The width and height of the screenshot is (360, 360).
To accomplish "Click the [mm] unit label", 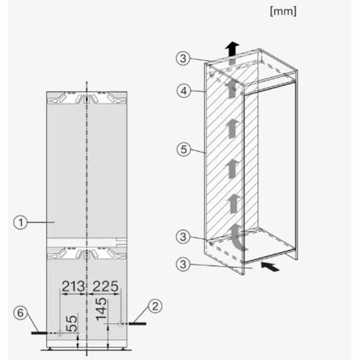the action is coord(283,12).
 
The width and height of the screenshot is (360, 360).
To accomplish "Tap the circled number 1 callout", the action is coord(20,222).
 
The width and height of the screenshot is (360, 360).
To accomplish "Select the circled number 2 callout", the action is coord(156,306).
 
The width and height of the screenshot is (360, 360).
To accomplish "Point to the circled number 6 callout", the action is coord(20,313).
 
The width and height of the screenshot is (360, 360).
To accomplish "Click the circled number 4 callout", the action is coord(184,91).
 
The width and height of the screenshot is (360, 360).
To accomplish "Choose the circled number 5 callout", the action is coord(184,149).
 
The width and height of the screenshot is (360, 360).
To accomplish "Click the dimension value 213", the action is coord(73,286).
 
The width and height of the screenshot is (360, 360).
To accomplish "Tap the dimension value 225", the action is coord(105,286).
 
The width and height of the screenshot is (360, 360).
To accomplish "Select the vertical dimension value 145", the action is coord(101,309).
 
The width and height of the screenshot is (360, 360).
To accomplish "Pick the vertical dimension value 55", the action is coord(72,324).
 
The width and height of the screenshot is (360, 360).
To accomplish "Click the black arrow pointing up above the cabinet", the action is coord(232,49).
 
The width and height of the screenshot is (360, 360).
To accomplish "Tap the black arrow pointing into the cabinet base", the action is coord(271,267).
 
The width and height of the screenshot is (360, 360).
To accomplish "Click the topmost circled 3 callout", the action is coord(183,58).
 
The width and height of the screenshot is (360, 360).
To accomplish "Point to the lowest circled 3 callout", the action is coord(183,264).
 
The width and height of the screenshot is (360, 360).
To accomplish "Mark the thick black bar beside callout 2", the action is coord(137,324).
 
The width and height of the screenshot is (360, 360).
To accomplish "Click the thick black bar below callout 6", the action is coord(39,333).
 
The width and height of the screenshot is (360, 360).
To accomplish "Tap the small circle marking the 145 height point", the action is coord(121,324).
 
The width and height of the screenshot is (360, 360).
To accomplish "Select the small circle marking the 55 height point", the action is coord(60,333).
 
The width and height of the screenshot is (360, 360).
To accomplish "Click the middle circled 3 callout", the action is coord(183,237).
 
